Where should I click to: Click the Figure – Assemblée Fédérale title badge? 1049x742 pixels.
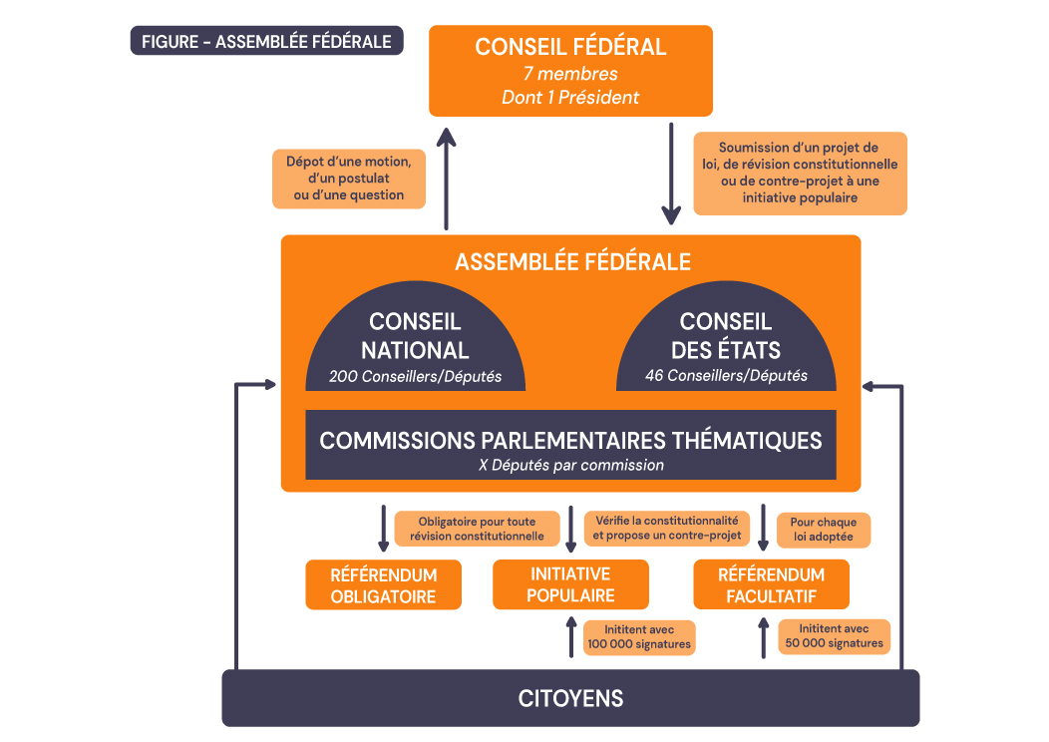[x=266, y=41]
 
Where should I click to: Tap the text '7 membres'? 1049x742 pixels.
[x=570, y=74]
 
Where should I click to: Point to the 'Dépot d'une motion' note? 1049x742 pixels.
[x=349, y=179]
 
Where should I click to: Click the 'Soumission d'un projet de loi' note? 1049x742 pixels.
[x=800, y=174]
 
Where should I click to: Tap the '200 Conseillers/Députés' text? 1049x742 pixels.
[x=415, y=377]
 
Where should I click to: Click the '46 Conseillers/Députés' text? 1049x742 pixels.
[x=725, y=377]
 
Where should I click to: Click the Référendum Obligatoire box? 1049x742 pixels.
[x=384, y=585]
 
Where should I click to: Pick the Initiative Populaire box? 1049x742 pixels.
[x=570, y=585]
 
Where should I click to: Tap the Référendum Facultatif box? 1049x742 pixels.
[x=771, y=585]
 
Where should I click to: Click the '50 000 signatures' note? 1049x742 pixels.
[x=834, y=636]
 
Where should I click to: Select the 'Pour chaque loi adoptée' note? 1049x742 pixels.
[x=823, y=530]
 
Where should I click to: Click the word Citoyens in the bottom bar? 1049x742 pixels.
[x=570, y=698]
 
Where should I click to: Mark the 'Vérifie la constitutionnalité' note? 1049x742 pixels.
[x=666, y=529]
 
